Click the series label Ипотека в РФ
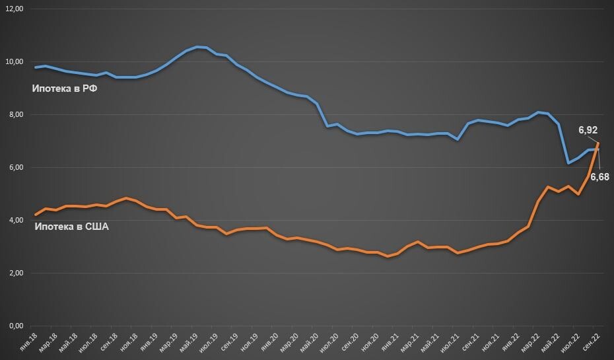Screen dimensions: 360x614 point(65,90)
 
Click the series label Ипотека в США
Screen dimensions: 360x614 point(71,227)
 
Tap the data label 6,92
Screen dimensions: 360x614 point(588,131)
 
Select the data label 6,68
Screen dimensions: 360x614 point(600,177)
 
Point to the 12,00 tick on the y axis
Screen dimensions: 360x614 point(14,9)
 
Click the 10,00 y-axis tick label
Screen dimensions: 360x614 point(14,62)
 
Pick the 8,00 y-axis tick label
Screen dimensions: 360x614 point(15,115)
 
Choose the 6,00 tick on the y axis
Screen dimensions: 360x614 point(15,168)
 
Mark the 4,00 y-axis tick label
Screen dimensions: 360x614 point(15,221)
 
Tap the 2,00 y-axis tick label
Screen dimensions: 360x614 point(15,273)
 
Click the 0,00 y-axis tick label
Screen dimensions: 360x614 point(15,326)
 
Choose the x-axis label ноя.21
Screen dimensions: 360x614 point(491,342)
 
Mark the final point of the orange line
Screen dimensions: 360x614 point(599,143)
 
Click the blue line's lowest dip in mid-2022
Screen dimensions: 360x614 point(568,162)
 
